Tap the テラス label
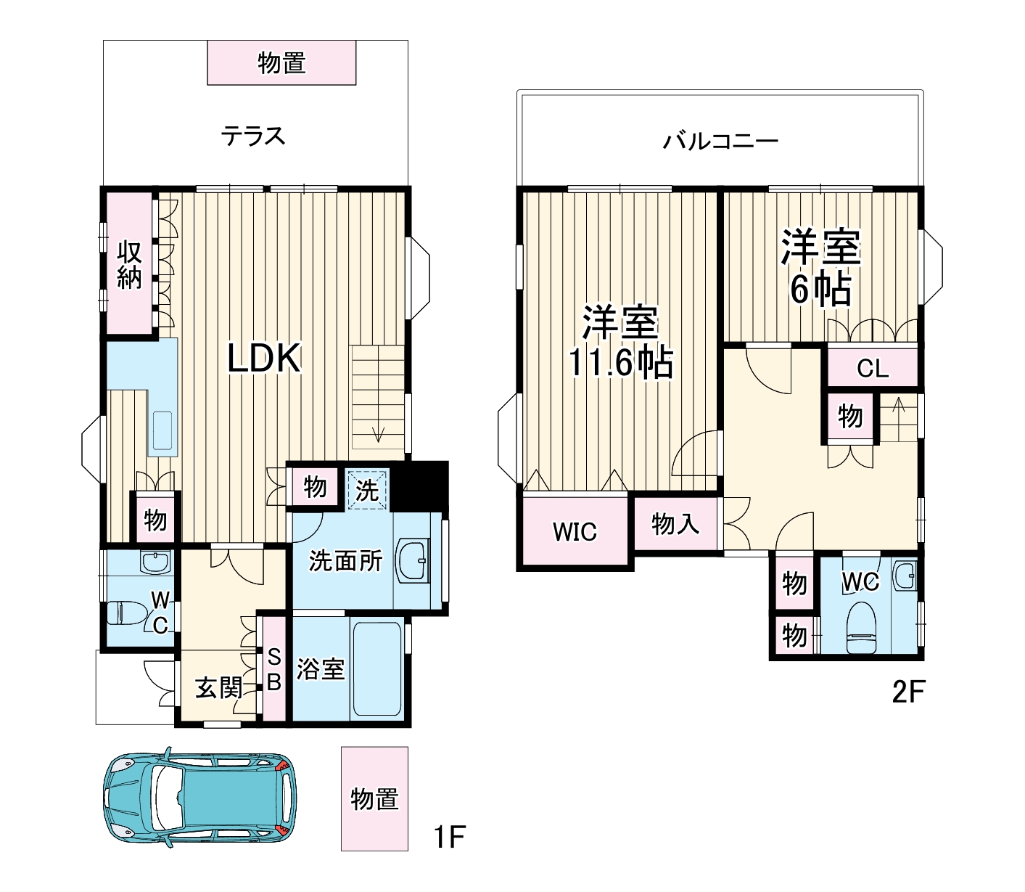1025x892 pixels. [x=253, y=136]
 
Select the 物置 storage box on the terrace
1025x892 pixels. [x=281, y=63]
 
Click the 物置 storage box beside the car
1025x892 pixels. [x=374, y=798]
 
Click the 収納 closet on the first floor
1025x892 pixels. [x=130, y=264]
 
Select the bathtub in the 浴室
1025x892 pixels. [x=376, y=668]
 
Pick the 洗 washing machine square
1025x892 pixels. [x=367, y=490]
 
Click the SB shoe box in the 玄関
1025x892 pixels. [x=274, y=669]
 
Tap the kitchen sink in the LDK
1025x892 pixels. [x=162, y=431]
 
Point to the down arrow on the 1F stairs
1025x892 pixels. [x=378, y=434]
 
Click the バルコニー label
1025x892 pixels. [x=720, y=141]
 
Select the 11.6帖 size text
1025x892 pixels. [x=620, y=363]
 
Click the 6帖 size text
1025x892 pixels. [x=820, y=290]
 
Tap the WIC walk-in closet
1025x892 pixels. [x=575, y=531]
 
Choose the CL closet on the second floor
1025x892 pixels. [x=872, y=369]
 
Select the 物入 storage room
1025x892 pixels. [x=675, y=523]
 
